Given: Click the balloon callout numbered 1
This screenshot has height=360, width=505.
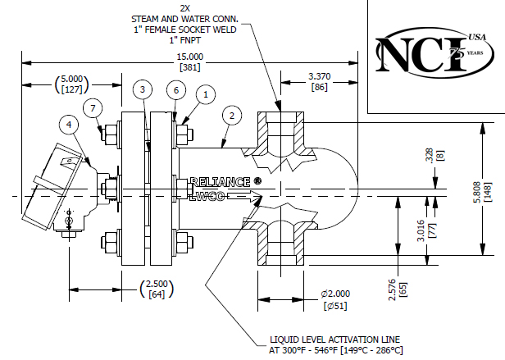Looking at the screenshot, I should pos(206,94).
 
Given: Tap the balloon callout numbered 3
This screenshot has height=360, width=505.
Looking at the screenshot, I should pos(143,89).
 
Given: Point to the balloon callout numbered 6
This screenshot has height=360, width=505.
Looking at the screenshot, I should pos(175,89).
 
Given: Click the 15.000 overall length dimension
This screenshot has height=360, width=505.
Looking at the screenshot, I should pos(190,57).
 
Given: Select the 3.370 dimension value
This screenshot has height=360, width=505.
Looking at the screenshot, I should pos(319,75).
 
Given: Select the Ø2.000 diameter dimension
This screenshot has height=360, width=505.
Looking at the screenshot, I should pos(336,294).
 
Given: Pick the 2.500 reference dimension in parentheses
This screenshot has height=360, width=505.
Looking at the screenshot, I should pos(157,286).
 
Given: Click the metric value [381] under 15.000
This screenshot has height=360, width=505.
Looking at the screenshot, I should pos(190,66).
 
